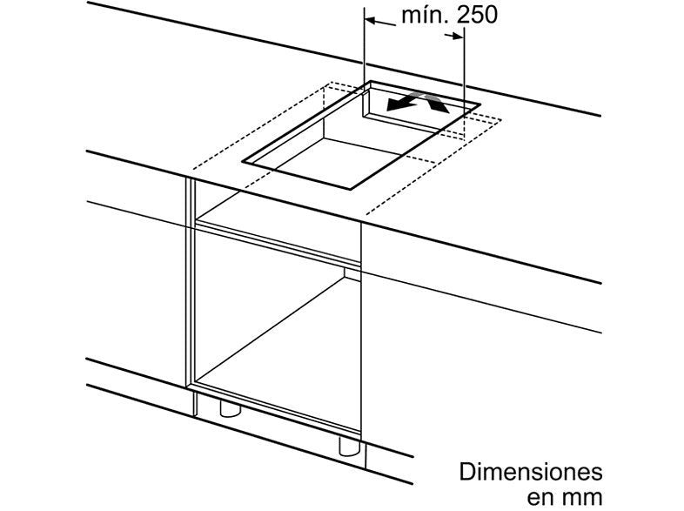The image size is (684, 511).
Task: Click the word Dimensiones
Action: click(x=531, y=472)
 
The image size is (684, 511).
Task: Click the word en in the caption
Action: click(x=540, y=497)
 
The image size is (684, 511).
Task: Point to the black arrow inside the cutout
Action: click(x=406, y=101)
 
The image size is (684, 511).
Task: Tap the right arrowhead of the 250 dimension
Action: click(x=458, y=37)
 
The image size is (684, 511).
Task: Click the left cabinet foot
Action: click(x=230, y=408)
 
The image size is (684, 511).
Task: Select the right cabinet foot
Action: click(x=350, y=445)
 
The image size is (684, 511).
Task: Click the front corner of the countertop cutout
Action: click(x=351, y=189)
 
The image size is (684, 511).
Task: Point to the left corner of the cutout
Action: click(x=244, y=161)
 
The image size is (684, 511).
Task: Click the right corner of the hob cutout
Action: click(x=479, y=104)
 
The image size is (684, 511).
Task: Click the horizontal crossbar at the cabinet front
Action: click(x=278, y=243)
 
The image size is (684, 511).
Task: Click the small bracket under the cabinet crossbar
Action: click(x=352, y=273)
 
